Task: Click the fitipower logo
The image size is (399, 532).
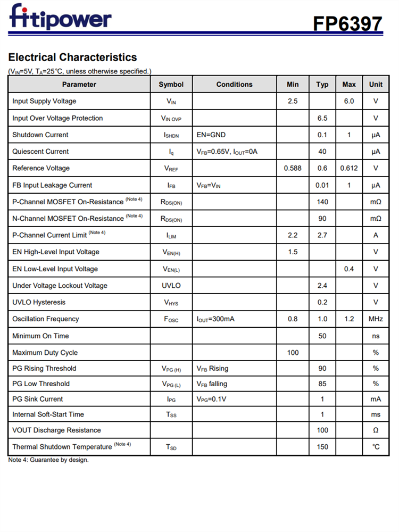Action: click(60, 17)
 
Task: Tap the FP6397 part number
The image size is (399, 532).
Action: click(347, 23)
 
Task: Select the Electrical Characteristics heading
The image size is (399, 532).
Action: click(72, 57)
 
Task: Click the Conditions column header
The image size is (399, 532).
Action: click(234, 85)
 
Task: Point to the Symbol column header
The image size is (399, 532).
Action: click(171, 85)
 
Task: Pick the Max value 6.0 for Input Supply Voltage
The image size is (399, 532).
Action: click(349, 101)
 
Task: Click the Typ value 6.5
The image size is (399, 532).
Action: click(322, 118)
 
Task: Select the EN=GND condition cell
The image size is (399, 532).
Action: click(211, 135)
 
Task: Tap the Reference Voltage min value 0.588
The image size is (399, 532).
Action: click(293, 169)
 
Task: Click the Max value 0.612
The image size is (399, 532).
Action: click(349, 169)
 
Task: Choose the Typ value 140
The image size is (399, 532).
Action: click(322, 202)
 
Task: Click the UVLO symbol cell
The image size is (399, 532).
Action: click(171, 286)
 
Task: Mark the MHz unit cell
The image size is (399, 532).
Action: click(376, 319)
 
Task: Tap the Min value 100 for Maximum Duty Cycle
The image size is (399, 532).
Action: click(293, 353)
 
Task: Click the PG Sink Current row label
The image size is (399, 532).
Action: click(37, 399)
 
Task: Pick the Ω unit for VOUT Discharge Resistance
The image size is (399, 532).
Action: click(376, 430)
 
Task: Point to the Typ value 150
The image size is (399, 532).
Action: click(322, 447)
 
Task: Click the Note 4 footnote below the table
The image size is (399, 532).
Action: click(48, 460)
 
